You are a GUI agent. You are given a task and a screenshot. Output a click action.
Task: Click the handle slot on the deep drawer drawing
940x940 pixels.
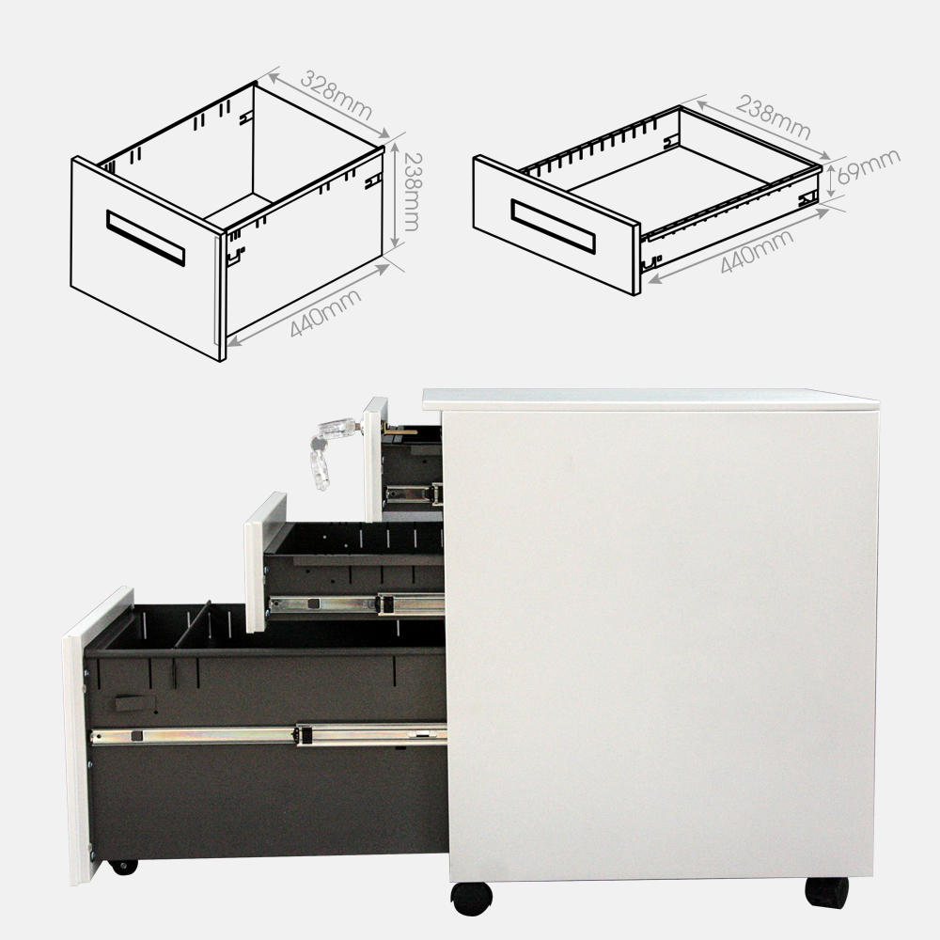(x=146, y=238)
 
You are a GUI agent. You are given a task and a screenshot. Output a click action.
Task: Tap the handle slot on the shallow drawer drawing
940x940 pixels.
(x=553, y=227)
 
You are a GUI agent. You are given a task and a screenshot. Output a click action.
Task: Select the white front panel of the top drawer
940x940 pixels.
(x=374, y=459)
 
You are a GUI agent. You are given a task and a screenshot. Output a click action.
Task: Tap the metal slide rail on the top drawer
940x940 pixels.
(x=415, y=493)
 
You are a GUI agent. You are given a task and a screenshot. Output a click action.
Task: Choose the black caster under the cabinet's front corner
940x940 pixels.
(x=471, y=898)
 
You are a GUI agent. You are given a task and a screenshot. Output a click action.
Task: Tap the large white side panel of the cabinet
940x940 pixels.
(x=663, y=639)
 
